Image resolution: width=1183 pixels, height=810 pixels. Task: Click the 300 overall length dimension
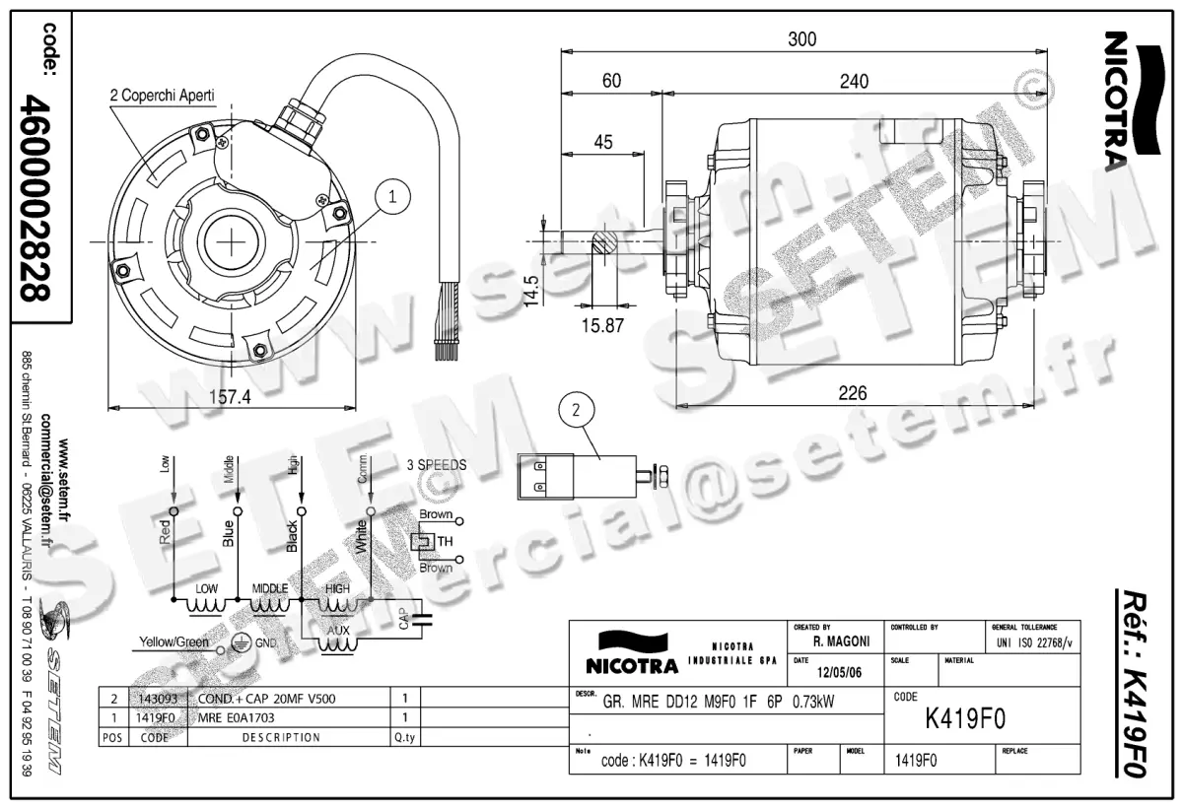coord(801,38)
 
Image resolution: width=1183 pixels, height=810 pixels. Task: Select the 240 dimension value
coord(853,82)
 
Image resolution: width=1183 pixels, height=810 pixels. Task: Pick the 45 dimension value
coord(602,142)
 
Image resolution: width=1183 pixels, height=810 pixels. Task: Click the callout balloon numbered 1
coord(392,197)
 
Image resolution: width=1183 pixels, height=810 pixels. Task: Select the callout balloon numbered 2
coord(578,409)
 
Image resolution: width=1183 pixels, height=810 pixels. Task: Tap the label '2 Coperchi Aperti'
coord(162,96)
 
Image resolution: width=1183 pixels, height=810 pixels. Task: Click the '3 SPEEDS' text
coord(436,465)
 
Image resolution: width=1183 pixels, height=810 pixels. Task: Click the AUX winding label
coord(337,629)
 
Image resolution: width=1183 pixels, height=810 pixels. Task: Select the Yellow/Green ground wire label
coord(174,641)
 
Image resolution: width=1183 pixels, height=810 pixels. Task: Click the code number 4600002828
coord(38,197)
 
